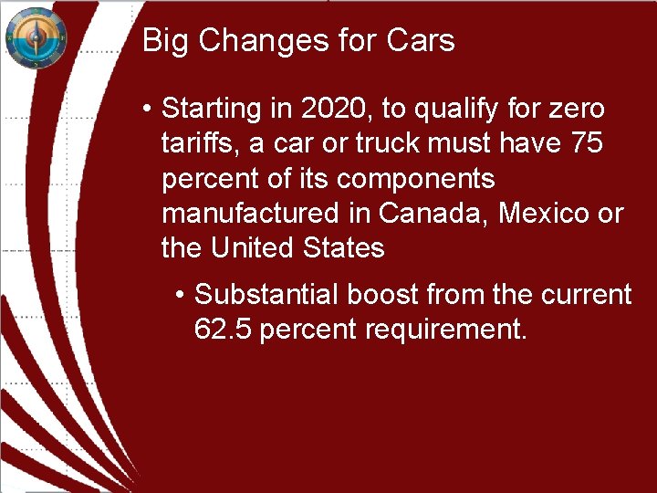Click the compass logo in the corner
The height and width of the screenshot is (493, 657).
[36, 38]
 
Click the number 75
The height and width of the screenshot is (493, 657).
[585, 144]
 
